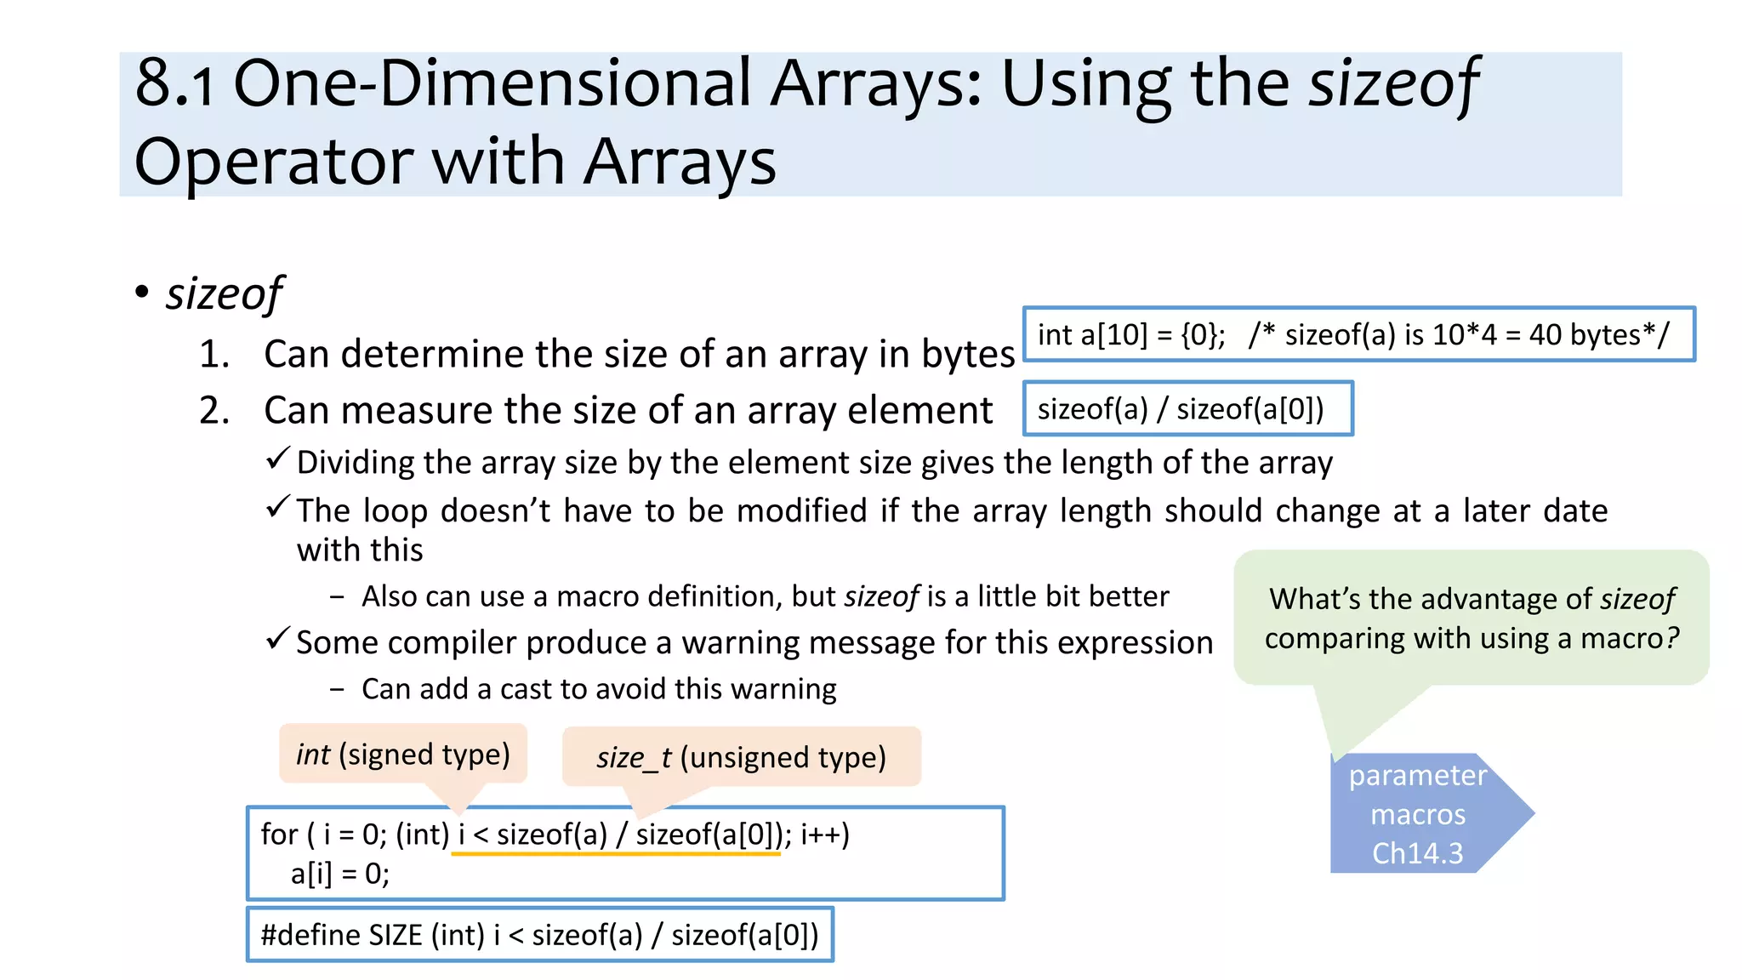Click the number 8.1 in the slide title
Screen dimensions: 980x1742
[x=174, y=83]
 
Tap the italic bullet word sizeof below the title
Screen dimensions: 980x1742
[x=224, y=293]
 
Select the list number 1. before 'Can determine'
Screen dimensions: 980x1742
[x=214, y=354]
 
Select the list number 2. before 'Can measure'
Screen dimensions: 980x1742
[x=214, y=410]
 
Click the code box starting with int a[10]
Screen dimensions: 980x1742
[x=1358, y=334]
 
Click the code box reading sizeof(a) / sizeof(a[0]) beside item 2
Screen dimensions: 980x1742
[x=1187, y=409]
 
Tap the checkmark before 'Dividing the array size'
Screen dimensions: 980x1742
[x=278, y=459]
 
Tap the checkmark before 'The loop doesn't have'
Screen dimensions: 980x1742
[x=278, y=508]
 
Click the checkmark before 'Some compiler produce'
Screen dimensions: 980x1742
[x=278, y=639]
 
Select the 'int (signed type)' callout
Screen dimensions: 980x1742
[x=402, y=754]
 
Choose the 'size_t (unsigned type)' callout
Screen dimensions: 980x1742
[x=741, y=757]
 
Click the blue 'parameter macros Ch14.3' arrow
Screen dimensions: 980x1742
[x=1419, y=814]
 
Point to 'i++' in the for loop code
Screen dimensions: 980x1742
[x=823, y=835]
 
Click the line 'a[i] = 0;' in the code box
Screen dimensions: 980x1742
[x=340, y=874]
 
